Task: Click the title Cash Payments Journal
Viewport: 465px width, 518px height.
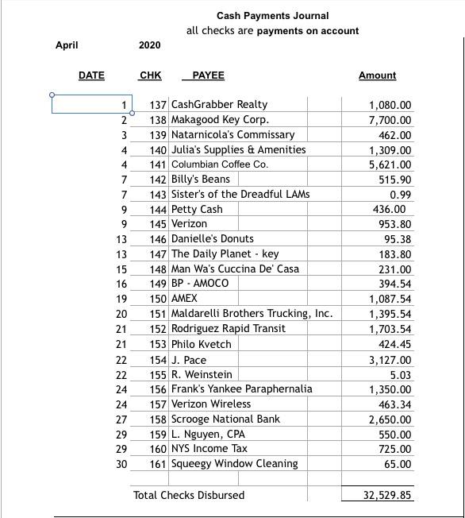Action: click(x=272, y=16)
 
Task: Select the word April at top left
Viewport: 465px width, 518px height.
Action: click(x=67, y=45)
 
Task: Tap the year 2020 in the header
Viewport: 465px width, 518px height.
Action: click(x=149, y=45)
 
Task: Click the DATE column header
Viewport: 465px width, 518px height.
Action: click(x=91, y=75)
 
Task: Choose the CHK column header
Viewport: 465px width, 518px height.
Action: click(x=150, y=75)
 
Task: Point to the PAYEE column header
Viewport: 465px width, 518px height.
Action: click(x=208, y=75)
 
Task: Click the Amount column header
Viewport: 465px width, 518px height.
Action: click(x=377, y=75)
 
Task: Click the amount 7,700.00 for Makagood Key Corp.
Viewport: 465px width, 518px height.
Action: click(x=390, y=120)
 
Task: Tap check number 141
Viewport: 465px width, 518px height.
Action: click(x=158, y=164)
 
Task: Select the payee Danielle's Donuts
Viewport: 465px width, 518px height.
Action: click(x=213, y=239)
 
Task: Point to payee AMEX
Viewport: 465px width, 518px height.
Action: click(x=184, y=299)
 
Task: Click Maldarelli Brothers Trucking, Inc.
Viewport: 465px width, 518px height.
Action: click(x=252, y=314)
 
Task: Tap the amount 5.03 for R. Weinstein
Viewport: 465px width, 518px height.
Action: click(x=401, y=374)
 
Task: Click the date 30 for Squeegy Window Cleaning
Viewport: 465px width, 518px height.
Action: click(x=121, y=464)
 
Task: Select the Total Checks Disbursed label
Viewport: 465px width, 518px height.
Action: click(x=189, y=495)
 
